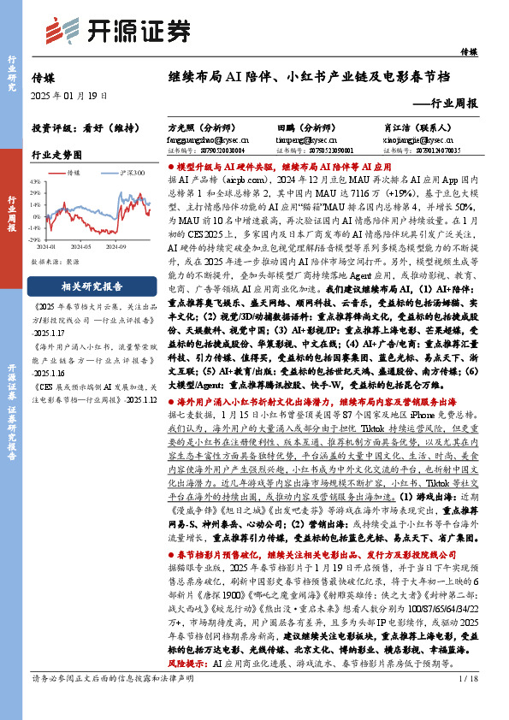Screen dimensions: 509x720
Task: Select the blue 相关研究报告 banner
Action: click(91, 285)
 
